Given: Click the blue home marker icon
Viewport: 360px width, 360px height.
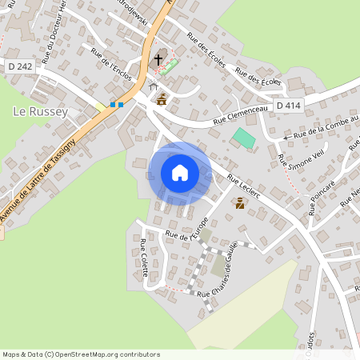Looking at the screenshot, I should (180, 173).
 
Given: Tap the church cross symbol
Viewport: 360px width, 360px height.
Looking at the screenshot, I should (158, 59).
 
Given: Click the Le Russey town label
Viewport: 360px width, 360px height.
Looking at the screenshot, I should (40, 112).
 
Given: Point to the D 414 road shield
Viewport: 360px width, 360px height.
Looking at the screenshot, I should (289, 106).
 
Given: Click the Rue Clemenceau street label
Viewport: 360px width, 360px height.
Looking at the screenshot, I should (239, 115).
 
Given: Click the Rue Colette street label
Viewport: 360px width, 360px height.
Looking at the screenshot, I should (144, 258).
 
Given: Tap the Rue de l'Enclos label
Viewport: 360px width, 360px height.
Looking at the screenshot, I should (110, 65).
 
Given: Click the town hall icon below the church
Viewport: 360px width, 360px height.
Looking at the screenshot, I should (162, 99).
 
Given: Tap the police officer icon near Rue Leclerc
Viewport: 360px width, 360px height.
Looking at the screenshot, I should (239, 203).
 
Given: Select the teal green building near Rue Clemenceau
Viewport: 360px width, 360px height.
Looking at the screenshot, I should (244, 137).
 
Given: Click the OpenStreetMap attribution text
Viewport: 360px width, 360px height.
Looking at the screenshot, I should (80, 354).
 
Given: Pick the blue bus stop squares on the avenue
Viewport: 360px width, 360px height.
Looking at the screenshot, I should (116, 104).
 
